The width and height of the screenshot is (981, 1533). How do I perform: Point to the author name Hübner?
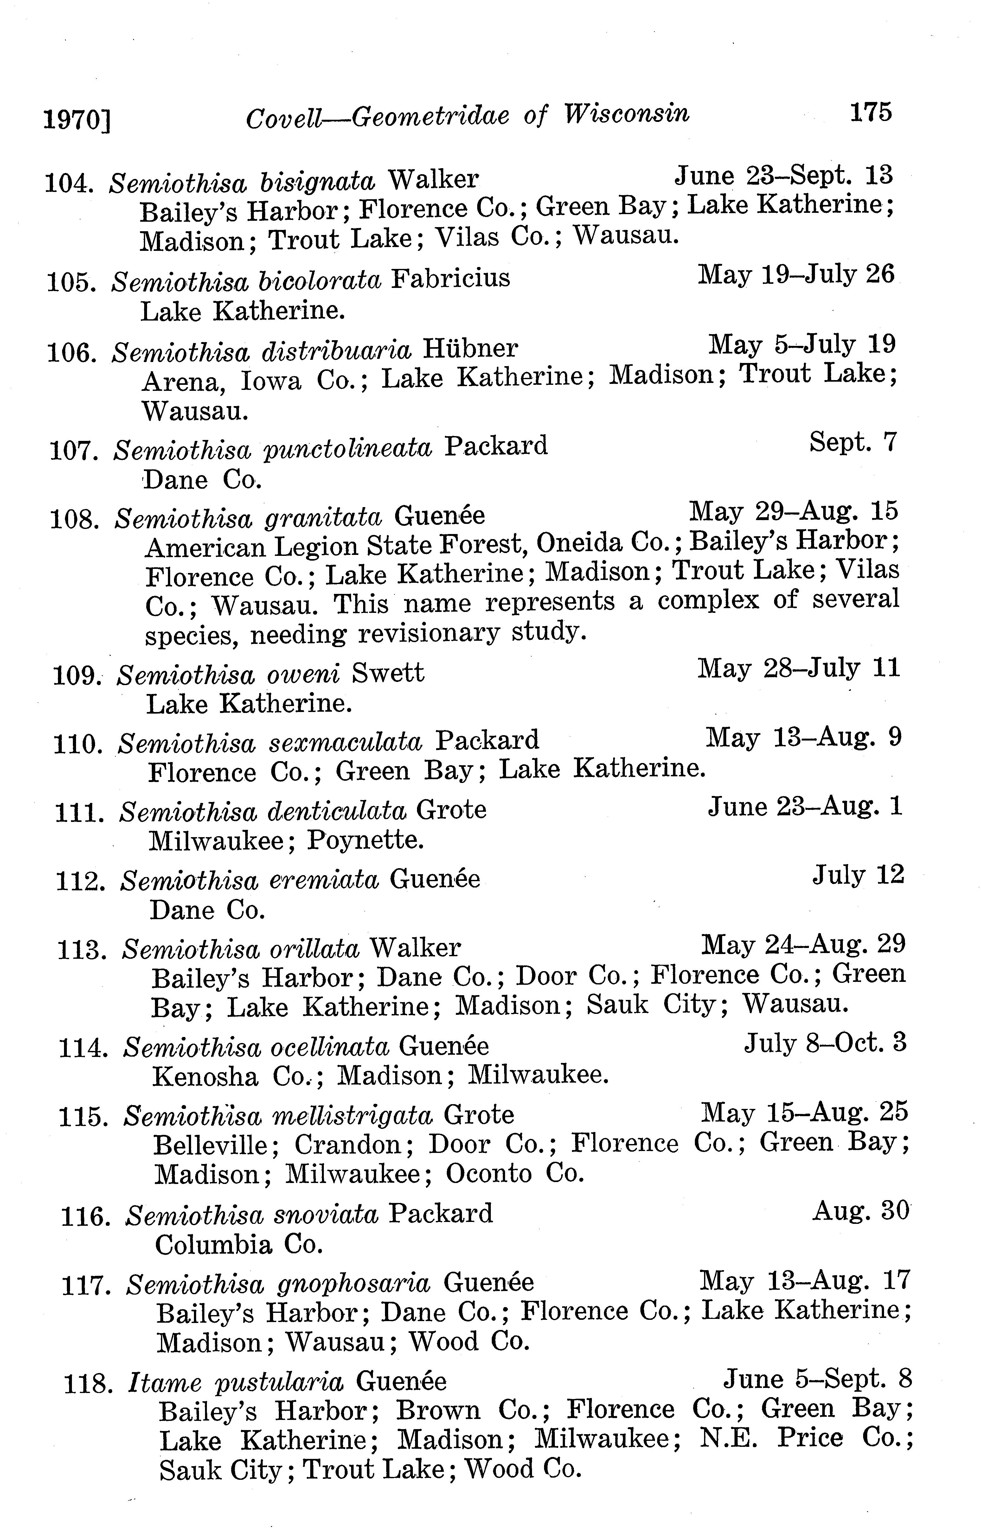pyautogui.click(x=470, y=349)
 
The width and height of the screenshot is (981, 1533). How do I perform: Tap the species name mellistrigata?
pyautogui.click(x=352, y=1115)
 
